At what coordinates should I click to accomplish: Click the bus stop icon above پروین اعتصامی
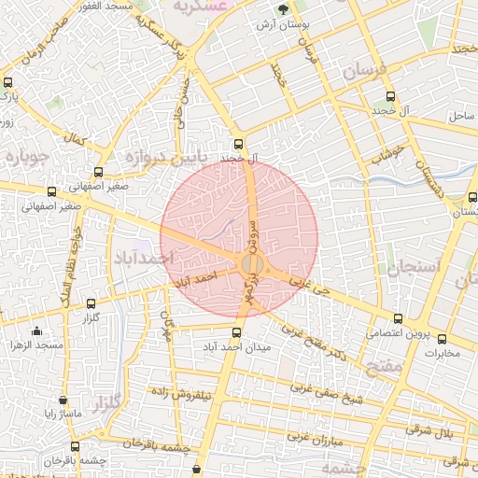point(399,319)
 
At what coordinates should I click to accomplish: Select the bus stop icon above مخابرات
point(443,340)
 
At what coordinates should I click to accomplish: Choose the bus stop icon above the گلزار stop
point(91,303)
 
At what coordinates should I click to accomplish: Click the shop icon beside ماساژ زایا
point(63,400)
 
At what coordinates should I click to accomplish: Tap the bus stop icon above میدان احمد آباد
point(236,332)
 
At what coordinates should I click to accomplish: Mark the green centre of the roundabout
point(251,265)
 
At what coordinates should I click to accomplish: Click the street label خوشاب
point(387,152)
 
